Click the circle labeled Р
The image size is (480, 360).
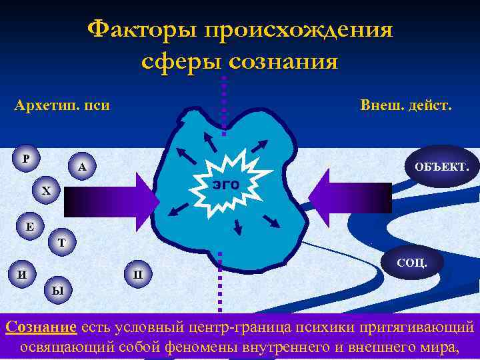(25, 159)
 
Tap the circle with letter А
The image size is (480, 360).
(81, 167)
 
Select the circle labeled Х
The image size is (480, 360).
(45, 191)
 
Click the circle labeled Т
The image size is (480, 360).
(61, 243)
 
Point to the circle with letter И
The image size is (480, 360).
(23, 273)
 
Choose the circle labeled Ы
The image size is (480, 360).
(58, 291)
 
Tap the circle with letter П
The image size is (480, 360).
(138, 273)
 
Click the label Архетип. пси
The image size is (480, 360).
(62, 105)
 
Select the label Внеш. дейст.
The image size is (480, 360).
(405, 105)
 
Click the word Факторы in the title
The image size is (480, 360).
(143, 30)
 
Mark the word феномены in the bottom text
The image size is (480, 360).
(211, 347)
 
